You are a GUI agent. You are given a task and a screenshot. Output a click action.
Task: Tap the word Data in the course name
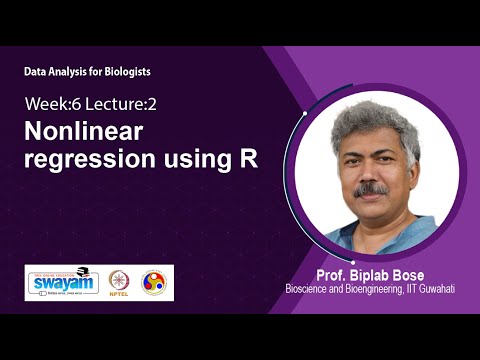click(x=36, y=72)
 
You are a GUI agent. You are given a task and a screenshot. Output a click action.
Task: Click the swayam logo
click(x=61, y=282)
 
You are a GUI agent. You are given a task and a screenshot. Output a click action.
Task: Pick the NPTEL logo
click(x=120, y=283)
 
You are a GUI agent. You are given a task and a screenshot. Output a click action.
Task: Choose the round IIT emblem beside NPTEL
click(x=154, y=283)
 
